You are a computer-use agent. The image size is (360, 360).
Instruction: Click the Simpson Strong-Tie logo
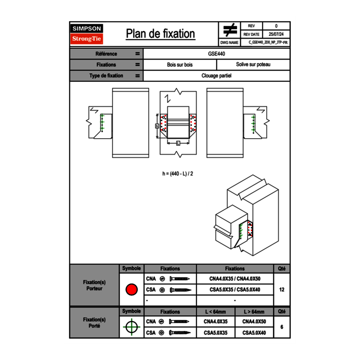tap(87, 34)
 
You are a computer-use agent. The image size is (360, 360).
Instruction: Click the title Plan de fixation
tap(160, 34)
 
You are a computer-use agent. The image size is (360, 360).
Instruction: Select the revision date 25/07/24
tap(276, 34)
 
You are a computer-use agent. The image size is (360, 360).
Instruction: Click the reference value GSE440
tap(217, 54)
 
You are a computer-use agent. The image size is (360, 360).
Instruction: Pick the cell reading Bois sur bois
tap(180, 65)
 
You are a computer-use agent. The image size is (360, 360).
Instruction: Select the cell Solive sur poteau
tap(253, 65)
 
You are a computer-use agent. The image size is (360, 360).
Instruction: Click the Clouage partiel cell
tap(216, 76)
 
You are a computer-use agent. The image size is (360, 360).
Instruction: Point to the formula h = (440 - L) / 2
tap(178, 173)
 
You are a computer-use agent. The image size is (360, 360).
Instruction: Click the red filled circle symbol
tap(131, 290)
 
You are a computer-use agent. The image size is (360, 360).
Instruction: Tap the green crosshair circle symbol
tap(131, 327)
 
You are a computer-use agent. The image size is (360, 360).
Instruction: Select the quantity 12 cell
tap(281, 290)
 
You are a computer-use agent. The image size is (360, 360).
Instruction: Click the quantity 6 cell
tap(281, 327)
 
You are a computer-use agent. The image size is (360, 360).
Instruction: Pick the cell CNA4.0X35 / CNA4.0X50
tap(235, 279)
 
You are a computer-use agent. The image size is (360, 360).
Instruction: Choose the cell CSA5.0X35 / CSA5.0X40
tap(235, 290)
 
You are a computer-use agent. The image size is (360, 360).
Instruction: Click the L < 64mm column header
tap(216, 312)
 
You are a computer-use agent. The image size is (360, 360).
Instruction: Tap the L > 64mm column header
tap(254, 312)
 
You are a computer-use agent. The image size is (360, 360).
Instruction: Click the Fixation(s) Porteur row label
tap(94, 285)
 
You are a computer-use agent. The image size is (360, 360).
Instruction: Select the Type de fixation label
tap(106, 76)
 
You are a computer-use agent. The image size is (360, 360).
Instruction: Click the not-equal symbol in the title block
tap(230, 30)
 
